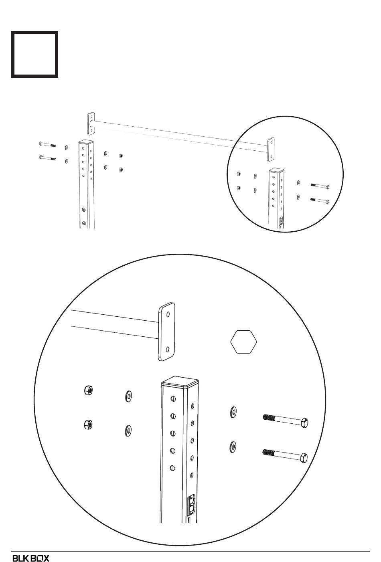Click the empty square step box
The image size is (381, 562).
tap(34, 54)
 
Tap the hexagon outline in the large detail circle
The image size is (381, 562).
tap(243, 342)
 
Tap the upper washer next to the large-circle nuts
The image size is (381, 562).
tap(128, 396)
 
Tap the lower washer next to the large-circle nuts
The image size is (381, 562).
tap(128, 431)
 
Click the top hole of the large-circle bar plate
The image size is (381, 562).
tap(168, 314)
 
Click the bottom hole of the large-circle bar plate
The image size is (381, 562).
tap(168, 349)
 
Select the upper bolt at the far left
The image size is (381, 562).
tap(47, 145)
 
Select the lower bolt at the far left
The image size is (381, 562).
tap(47, 158)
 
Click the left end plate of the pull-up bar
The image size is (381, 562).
tap(91, 123)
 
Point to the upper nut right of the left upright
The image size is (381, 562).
tap(121, 156)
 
